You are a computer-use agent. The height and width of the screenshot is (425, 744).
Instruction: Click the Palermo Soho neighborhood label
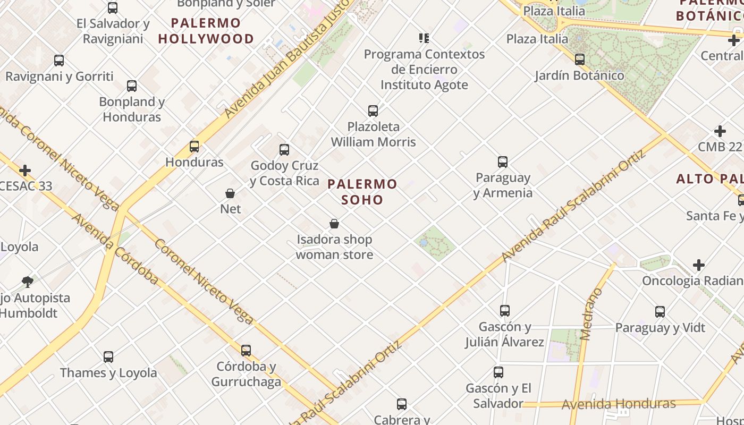[x=362, y=192]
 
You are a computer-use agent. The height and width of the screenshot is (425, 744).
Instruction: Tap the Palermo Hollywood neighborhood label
[x=206, y=31]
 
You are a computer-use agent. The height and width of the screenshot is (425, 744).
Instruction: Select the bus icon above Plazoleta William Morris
[x=373, y=110]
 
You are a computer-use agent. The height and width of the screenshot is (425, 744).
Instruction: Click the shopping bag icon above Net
[x=230, y=193]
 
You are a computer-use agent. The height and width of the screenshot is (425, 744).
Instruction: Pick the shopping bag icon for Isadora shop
[x=334, y=224]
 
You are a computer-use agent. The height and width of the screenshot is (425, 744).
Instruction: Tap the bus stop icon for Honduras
[x=195, y=146]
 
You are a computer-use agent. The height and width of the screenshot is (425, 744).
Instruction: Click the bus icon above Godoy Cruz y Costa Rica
[x=284, y=150]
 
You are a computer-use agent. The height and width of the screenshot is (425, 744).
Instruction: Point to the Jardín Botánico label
[x=579, y=75]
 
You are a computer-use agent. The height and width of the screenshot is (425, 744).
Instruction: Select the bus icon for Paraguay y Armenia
[x=503, y=162]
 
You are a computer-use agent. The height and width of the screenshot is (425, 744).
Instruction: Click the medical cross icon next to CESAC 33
[x=25, y=171]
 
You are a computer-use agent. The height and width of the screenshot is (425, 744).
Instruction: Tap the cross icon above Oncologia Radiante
[x=699, y=265]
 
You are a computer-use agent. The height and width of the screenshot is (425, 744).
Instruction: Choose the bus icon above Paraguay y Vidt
[x=660, y=312]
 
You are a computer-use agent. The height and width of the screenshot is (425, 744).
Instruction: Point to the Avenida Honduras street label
[x=619, y=404]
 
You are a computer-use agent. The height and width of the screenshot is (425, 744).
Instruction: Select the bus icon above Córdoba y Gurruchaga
[x=246, y=351]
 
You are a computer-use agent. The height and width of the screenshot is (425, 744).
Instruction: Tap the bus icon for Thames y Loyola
[x=108, y=357]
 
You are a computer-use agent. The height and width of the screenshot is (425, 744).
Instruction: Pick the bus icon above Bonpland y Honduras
[x=132, y=86]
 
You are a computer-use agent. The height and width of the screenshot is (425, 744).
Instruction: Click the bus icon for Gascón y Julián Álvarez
[x=505, y=311]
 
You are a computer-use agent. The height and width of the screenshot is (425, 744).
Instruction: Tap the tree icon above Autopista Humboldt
[x=28, y=282]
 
